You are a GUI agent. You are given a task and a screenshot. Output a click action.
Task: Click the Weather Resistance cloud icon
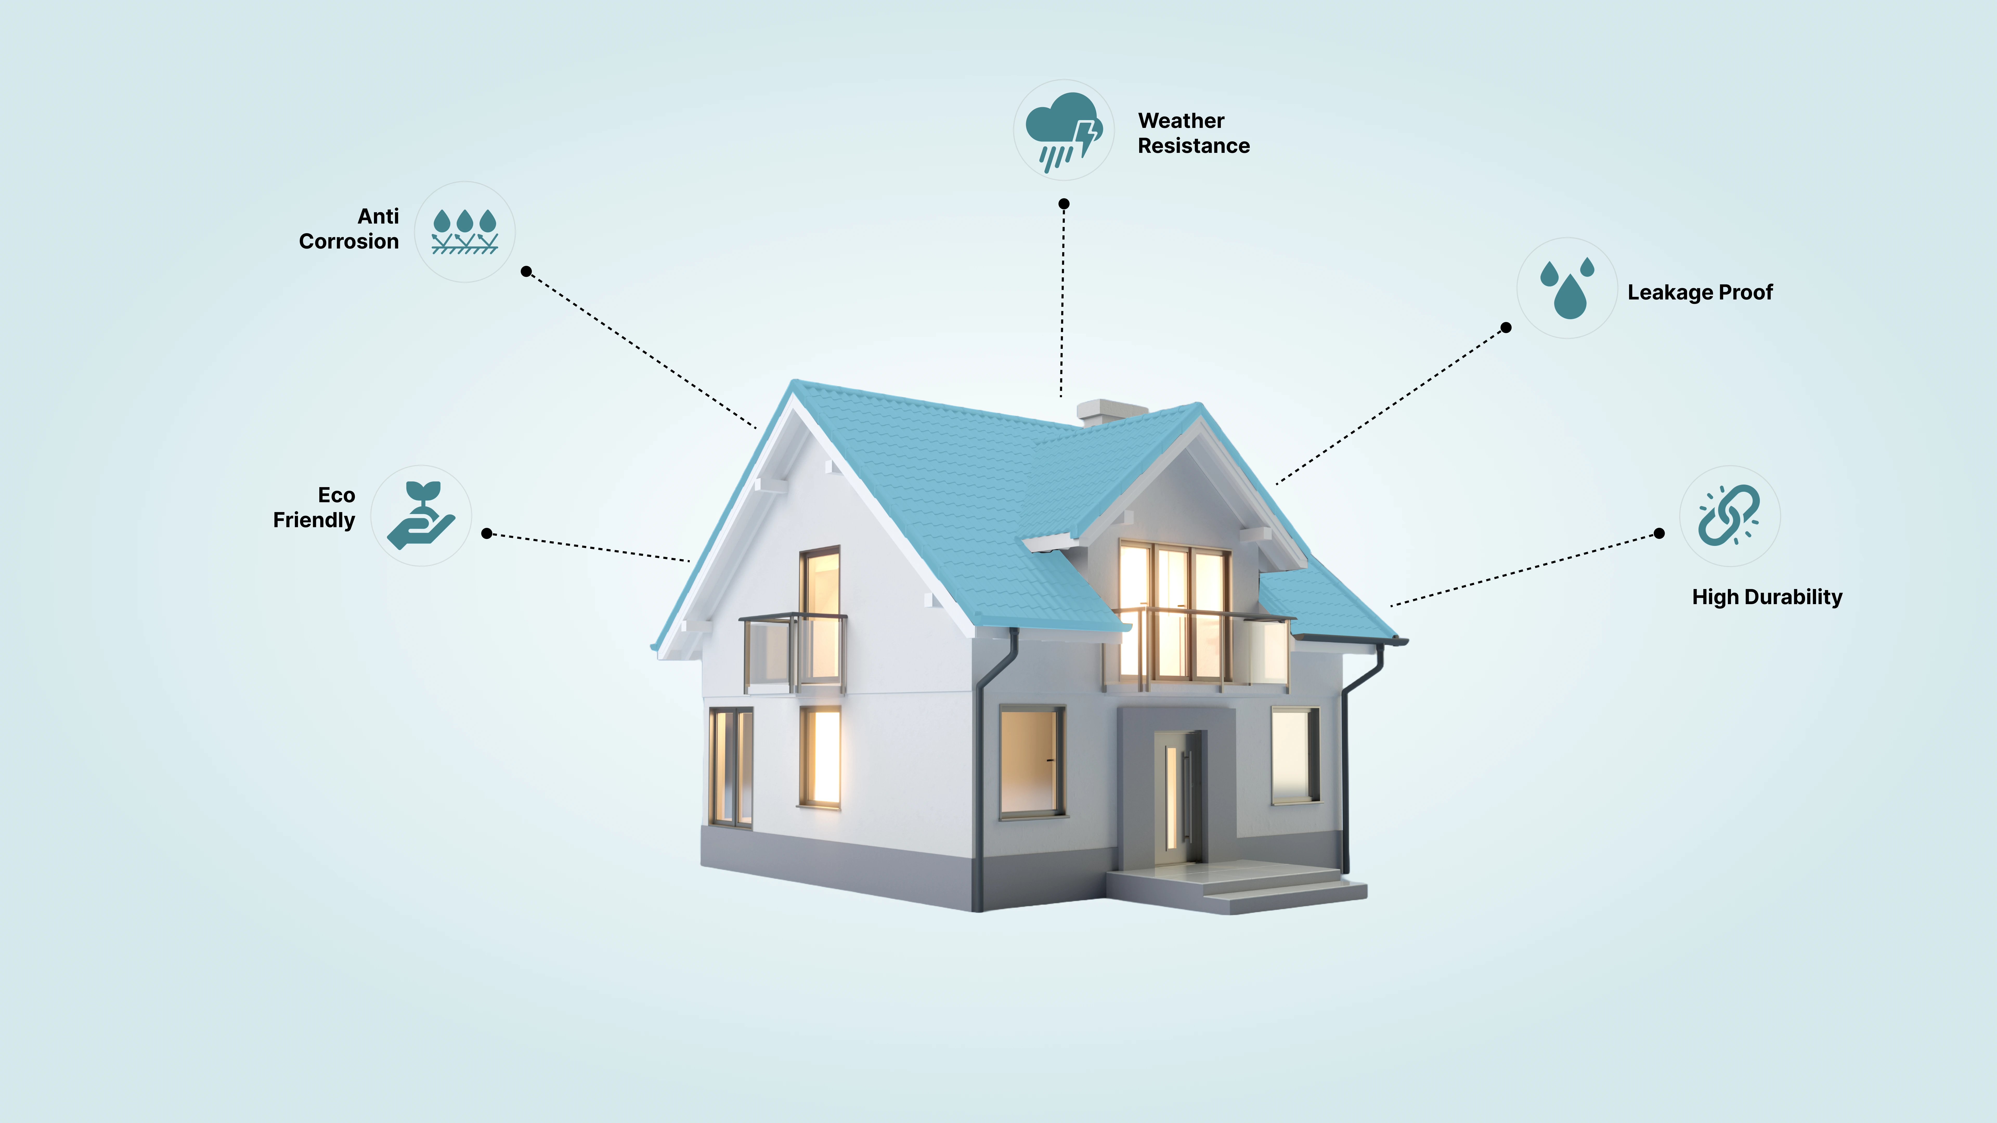tap(1064, 130)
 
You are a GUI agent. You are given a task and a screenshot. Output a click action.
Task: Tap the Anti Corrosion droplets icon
tap(464, 231)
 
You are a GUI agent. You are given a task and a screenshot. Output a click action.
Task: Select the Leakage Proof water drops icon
tap(1567, 288)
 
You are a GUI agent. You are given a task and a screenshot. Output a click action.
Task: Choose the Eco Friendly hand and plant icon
tap(421, 515)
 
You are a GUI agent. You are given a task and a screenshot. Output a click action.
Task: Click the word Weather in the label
tap(1181, 121)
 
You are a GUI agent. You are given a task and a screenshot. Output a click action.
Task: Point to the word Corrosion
tap(349, 242)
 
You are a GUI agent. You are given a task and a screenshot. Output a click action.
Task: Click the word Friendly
tap(314, 520)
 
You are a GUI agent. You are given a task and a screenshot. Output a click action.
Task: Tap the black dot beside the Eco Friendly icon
tap(487, 533)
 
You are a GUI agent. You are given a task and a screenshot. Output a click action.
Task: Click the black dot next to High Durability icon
tap(1659, 533)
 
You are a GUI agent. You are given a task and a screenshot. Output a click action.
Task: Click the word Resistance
tap(1194, 146)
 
